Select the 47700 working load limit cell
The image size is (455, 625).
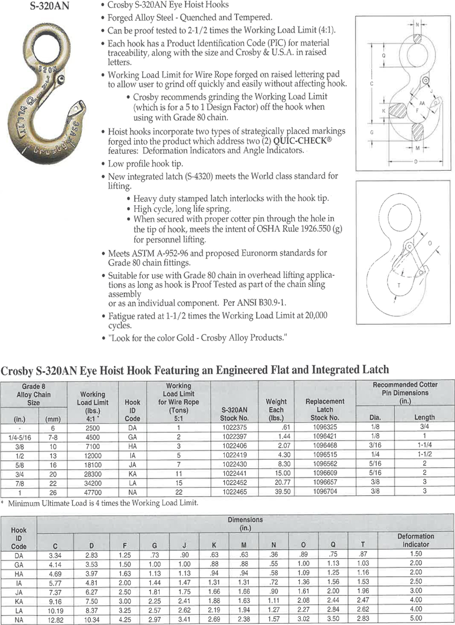(x=92, y=491)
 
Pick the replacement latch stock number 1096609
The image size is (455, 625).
(x=324, y=473)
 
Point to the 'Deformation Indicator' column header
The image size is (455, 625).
(x=415, y=540)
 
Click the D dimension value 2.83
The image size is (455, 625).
(x=92, y=555)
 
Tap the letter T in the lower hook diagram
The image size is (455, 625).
(x=398, y=286)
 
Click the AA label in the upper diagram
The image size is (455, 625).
(x=422, y=103)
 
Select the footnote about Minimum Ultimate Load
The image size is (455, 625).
(x=103, y=503)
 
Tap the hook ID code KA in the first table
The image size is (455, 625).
(x=132, y=473)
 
